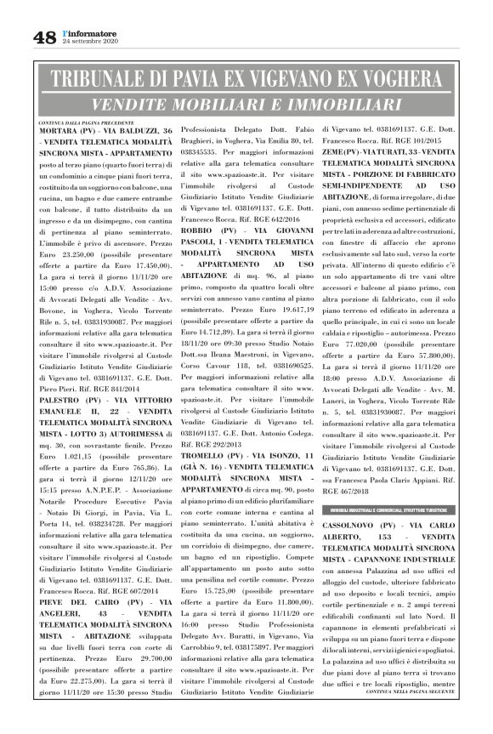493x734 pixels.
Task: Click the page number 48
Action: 45,37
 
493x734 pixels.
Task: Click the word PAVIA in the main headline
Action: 222,82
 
